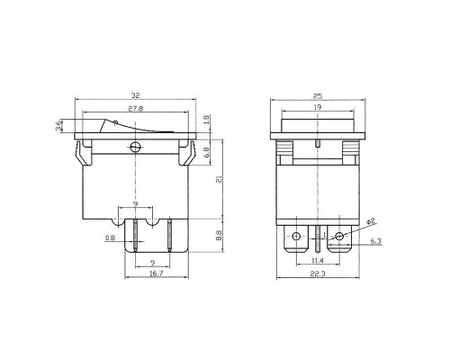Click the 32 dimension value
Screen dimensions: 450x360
[x=136, y=95]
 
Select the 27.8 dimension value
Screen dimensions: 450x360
[x=136, y=109]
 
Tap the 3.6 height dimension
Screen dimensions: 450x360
[x=58, y=126]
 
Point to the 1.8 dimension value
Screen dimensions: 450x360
[x=207, y=120]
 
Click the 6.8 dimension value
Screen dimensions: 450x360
[x=207, y=153]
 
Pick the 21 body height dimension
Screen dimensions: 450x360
[x=220, y=179]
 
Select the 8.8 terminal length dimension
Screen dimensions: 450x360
[x=220, y=235]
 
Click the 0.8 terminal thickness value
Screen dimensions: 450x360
[x=110, y=238]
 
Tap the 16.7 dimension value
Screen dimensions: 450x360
[x=157, y=274]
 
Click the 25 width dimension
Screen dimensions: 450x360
[x=318, y=96]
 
